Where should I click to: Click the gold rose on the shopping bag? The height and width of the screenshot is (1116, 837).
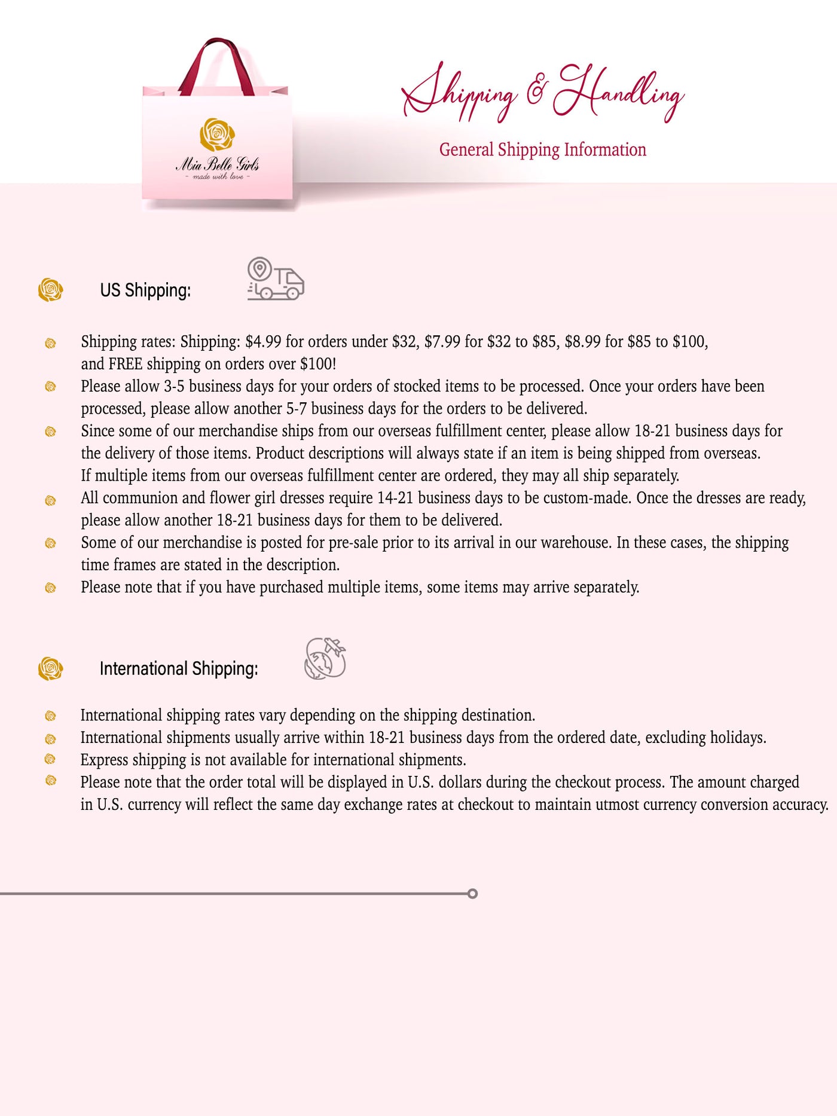[216, 134]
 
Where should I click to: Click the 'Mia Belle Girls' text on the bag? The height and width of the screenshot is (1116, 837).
[217, 164]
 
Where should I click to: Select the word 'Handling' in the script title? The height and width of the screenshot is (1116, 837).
[619, 93]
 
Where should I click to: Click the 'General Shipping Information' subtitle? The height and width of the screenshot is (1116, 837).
[542, 149]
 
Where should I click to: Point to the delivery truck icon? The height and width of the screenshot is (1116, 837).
[276, 279]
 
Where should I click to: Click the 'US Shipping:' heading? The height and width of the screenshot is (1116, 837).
[145, 291]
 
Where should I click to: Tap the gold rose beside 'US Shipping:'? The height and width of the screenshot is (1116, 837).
[50, 290]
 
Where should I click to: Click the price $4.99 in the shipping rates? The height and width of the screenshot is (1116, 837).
[263, 342]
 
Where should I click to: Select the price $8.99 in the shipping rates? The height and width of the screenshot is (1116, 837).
[582, 342]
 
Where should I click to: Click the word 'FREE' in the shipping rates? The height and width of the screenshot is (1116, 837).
[126, 364]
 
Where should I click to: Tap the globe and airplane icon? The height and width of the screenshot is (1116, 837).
[325, 659]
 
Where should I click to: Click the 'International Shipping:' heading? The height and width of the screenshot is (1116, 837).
[179, 669]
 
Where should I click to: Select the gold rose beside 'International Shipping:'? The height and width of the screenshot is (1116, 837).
[50, 668]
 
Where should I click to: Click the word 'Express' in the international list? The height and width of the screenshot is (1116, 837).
[104, 760]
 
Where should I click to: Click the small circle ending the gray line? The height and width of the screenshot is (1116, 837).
[472, 894]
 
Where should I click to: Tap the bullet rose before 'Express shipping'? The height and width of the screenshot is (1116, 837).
[51, 759]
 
